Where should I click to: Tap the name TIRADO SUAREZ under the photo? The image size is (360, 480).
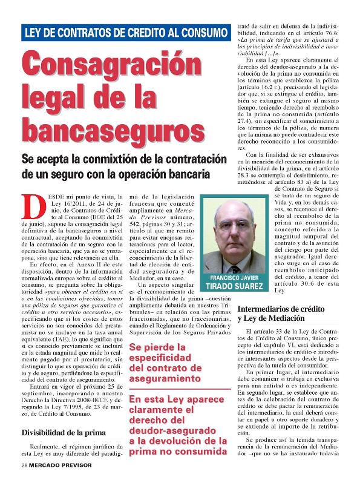point(234,286)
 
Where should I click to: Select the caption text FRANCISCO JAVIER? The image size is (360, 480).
point(234,278)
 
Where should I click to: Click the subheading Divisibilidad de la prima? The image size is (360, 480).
point(64,433)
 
